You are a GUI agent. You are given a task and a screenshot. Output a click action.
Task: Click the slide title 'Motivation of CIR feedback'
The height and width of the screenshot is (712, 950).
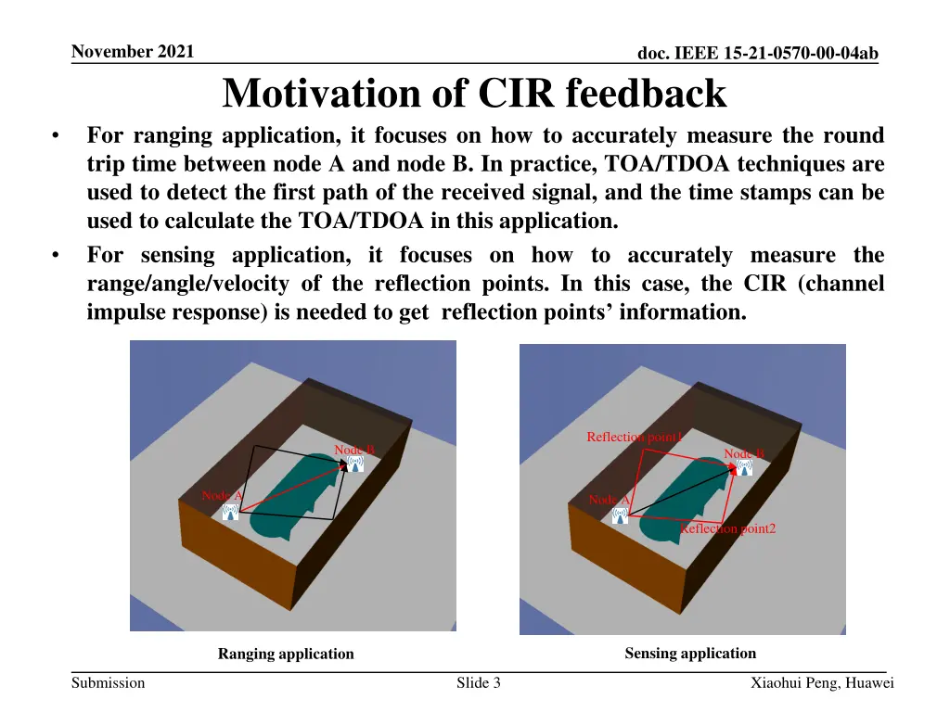[x=474, y=94]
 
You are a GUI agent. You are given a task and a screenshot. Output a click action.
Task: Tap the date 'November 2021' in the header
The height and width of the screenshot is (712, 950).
[x=133, y=52]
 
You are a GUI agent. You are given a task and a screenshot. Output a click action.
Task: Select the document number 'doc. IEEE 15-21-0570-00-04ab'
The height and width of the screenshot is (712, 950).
[x=758, y=55]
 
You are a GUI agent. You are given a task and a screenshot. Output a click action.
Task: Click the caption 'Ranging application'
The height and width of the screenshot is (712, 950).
[x=286, y=654]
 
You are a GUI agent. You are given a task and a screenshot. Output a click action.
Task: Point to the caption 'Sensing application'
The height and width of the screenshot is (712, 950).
[x=690, y=653]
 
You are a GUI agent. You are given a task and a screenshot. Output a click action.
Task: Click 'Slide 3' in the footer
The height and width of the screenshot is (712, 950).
[x=479, y=683]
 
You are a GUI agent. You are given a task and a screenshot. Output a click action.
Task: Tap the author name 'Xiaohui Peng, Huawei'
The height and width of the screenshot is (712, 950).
[x=822, y=683]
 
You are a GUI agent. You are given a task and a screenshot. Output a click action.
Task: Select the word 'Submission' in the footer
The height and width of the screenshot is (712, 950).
[x=109, y=683]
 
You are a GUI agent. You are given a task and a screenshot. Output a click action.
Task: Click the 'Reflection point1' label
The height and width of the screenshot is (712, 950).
[x=635, y=437]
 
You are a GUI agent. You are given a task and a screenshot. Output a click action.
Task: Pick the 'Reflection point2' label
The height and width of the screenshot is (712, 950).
[x=728, y=528]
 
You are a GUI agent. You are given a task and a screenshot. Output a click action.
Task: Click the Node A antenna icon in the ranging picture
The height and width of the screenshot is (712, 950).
[x=230, y=512]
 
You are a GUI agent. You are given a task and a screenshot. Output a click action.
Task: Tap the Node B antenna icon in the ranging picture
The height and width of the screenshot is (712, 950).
[x=355, y=464]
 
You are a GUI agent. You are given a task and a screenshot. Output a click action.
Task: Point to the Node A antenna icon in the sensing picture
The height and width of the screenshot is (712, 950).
[x=620, y=515]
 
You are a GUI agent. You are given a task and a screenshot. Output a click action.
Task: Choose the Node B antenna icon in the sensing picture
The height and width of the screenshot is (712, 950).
[x=744, y=467]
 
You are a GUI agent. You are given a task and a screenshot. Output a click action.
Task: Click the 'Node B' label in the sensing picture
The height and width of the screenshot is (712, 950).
[x=744, y=453]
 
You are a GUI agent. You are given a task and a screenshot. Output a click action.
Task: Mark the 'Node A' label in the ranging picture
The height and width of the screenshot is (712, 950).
[x=222, y=496]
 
